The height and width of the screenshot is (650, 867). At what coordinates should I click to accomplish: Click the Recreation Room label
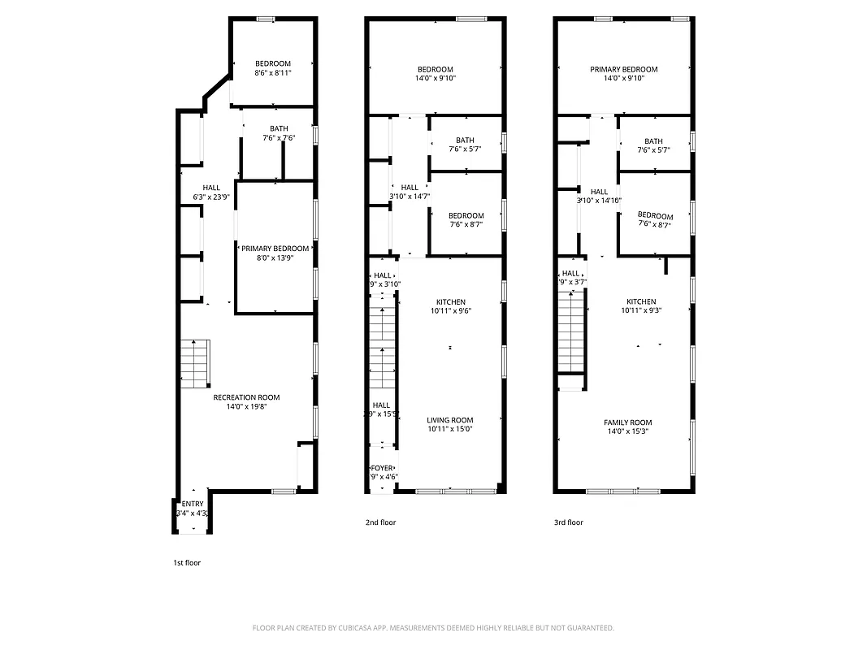pyautogui.click(x=246, y=397)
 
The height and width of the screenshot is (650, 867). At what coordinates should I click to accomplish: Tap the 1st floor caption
pyautogui.click(x=187, y=562)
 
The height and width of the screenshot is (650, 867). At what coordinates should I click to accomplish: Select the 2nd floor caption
pyautogui.click(x=380, y=522)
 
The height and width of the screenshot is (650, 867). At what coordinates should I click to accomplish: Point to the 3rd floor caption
pyautogui.click(x=569, y=522)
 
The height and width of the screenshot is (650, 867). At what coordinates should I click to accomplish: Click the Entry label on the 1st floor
pyautogui.click(x=193, y=505)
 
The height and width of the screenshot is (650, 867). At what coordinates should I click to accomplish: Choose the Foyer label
pyautogui.click(x=382, y=468)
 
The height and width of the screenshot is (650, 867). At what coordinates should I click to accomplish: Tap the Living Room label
pyautogui.click(x=450, y=420)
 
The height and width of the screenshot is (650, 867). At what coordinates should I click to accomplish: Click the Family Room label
pyautogui.click(x=627, y=422)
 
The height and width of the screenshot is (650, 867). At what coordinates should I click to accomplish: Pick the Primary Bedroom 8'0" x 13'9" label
pyautogui.click(x=275, y=249)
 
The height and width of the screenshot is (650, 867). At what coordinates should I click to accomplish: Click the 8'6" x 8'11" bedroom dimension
pyautogui.click(x=273, y=73)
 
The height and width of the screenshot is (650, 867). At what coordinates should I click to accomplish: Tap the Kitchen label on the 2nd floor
pyautogui.click(x=450, y=302)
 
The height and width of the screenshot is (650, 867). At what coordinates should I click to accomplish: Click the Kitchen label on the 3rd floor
pyautogui.click(x=640, y=302)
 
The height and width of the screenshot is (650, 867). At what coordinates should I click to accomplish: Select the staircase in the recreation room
pyautogui.click(x=194, y=362)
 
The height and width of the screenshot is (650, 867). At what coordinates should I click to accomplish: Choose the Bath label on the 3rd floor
pyautogui.click(x=653, y=141)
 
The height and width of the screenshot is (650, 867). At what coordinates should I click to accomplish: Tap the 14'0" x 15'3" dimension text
pyautogui.click(x=627, y=431)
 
